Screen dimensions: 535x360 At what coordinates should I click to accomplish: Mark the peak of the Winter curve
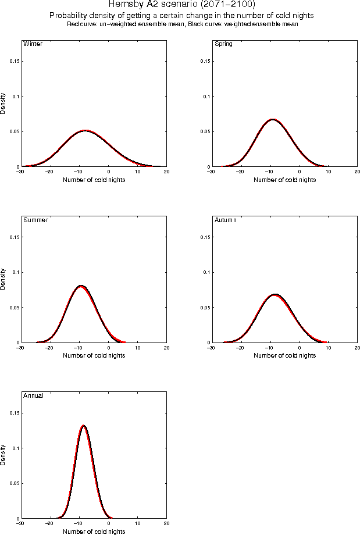coord(85,131)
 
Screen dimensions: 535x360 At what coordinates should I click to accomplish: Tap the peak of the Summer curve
coord(81,286)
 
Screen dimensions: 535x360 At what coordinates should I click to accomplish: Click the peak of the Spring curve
coord(272,120)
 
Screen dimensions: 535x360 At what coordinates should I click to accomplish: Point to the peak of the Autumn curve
coord(275,295)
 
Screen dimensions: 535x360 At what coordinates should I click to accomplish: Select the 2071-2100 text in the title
coord(226,4)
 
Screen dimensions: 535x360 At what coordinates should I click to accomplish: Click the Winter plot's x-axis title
coord(93,180)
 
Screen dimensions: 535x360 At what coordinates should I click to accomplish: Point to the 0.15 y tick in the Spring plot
coord(204,62)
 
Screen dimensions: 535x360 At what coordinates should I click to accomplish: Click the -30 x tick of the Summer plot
coord(20,348)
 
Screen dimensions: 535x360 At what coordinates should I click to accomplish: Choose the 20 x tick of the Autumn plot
coord(357,348)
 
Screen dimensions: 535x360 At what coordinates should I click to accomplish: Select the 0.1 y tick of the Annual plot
coord(15,448)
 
